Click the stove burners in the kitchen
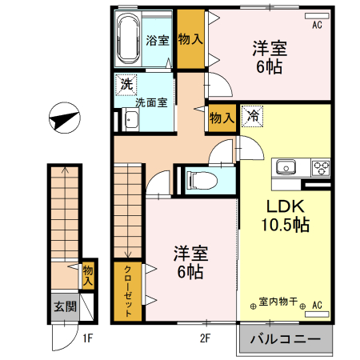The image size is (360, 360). (x=321, y=168)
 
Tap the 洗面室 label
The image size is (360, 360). (x=150, y=102)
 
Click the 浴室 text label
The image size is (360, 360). (x=158, y=40)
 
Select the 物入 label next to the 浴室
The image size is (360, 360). (x=190, y=38)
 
